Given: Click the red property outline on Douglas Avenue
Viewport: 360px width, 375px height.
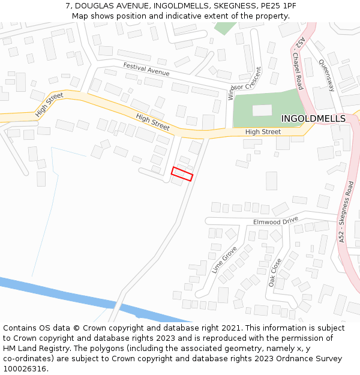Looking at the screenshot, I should point(182,174).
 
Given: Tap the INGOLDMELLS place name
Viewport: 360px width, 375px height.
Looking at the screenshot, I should point(313,119).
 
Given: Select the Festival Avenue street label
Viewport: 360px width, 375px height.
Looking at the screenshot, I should point(146,69).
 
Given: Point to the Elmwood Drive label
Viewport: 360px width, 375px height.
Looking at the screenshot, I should point(275,221).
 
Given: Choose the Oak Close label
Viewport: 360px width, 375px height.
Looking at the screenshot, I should point(275,272).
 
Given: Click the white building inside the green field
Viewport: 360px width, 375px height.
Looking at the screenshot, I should point(262,110).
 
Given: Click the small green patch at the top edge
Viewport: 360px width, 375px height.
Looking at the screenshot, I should point(225,28).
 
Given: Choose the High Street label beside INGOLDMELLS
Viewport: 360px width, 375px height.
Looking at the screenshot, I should point(263,131).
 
